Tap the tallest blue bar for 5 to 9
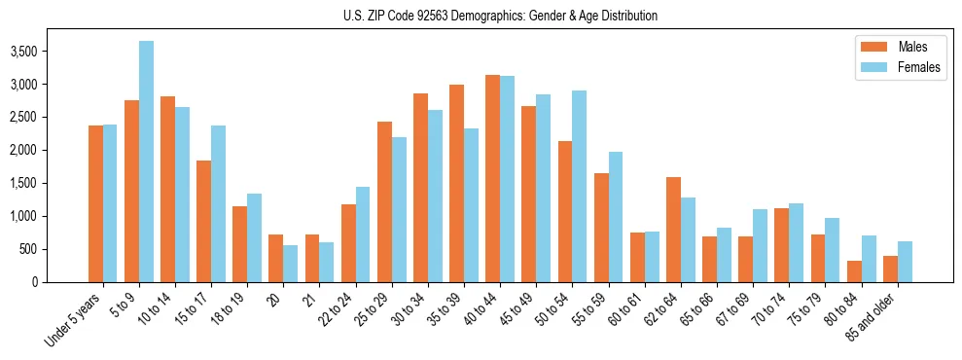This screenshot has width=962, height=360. [x=146, y=162]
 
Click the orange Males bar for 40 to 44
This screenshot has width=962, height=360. [x=492, y=178]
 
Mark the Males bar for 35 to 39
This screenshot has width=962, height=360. [x=456, y=183]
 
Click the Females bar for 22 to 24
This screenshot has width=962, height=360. [x=363, y=234]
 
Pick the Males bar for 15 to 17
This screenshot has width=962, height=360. [x=203, y=221]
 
